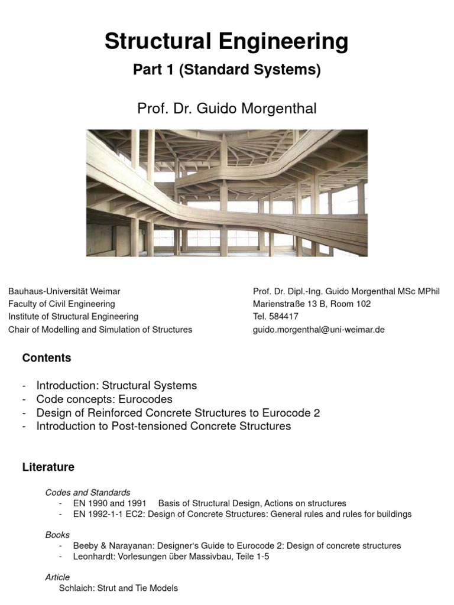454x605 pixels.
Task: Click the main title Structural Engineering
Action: (226, 42)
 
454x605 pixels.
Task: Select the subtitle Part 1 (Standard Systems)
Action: (226, 70)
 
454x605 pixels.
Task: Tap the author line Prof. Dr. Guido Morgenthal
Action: (226, 108)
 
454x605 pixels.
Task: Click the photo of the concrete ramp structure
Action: (226, 193)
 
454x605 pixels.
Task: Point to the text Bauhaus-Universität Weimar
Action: (64, 291)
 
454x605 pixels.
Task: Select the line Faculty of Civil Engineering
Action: (61, 304)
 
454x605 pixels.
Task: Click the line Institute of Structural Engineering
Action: (73, 317)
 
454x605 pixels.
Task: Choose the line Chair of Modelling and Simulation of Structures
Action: (100, 330)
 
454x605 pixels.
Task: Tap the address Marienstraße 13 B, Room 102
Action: (312, 304)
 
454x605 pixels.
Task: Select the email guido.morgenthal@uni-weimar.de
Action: (319, 330)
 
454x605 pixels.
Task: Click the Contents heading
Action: (46, 358)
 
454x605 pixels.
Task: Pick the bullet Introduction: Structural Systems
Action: (116, 385)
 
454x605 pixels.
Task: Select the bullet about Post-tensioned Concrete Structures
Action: (164, 426)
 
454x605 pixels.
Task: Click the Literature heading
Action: (48, 467)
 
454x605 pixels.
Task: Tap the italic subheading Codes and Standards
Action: (88, 492)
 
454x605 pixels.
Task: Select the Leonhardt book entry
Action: (171, 557)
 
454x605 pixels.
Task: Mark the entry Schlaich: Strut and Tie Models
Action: (118, 588)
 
